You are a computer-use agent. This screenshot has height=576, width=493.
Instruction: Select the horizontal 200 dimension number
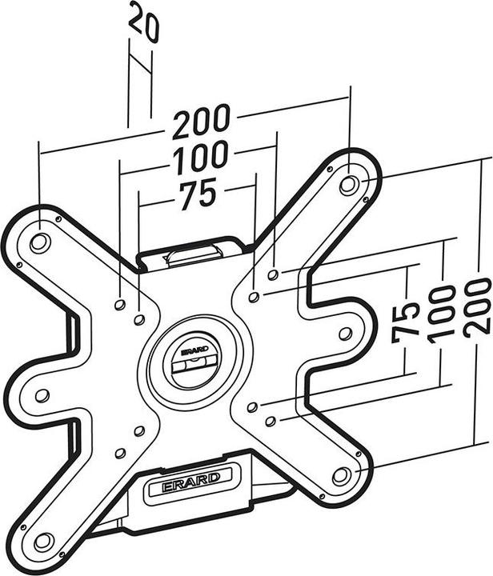[x=202, y=122]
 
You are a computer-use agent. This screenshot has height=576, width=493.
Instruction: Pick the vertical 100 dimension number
[x=442, y=313]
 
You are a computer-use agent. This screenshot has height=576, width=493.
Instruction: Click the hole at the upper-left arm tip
[x=38, y=240]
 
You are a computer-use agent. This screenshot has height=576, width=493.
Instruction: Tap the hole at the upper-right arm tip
[x=348, y=184]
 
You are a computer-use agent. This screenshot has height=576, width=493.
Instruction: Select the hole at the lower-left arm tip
[x=42, y=540]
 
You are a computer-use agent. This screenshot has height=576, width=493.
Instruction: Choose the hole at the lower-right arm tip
[x=342, y=475]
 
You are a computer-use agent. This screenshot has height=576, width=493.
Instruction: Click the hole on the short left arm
[x=42, y=395]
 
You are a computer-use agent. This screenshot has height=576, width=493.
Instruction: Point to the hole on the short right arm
[x=346, y=333]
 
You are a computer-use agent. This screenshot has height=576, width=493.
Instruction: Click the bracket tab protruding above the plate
[x=192, y=254]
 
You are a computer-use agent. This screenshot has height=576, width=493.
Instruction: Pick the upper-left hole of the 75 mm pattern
[x=138, y=320]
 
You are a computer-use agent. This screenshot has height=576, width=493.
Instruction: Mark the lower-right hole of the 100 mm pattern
[x=271, y=421]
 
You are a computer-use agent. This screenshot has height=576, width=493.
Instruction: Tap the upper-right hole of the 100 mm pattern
[x=273, y=275]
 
